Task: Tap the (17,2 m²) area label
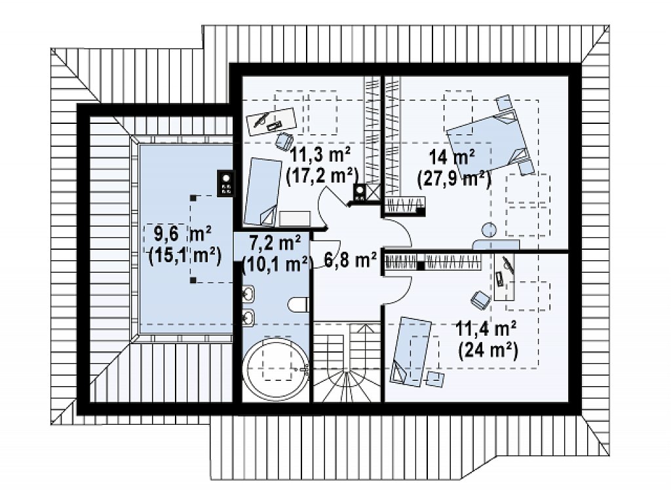[x=322, y=176]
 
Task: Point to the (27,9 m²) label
[x=454, y=178]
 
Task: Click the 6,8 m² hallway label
[x=350, y=260]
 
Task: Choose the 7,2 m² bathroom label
[x=275, y=244]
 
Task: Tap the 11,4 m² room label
[x=486, y=329]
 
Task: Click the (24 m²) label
[x=488, y=351]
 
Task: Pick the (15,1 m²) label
[x=185, y=256]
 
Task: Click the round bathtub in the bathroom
[x=275, y=370]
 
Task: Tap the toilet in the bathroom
[x=298, y=305]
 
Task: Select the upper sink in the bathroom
[x=248, y=294]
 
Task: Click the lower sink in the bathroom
[x=248, y=318]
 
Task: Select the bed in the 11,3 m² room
[x=261, y=191]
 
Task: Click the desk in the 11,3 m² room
[x=272, y=121]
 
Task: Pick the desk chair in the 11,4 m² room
[x=480, y=299]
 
